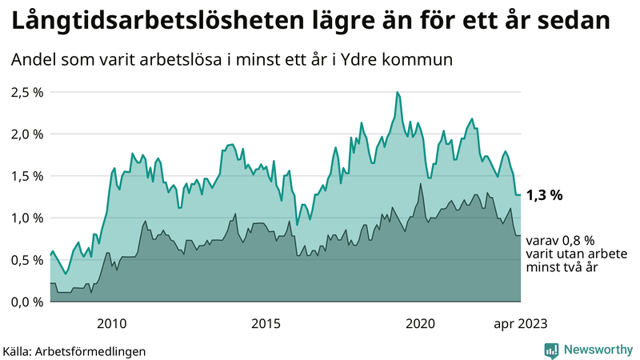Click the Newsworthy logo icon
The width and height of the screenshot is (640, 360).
coord(551,350)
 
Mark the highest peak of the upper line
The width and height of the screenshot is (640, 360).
coord(397,93)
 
